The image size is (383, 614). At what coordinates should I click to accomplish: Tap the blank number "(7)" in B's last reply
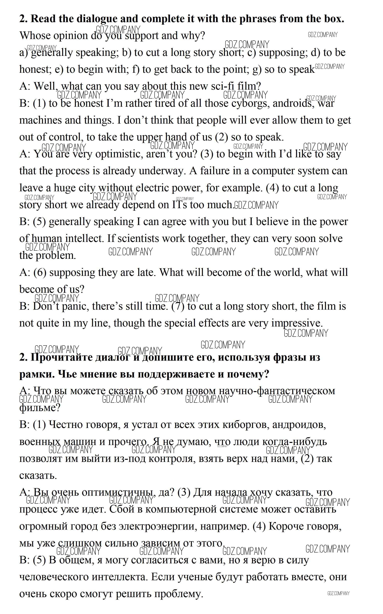point(178,306)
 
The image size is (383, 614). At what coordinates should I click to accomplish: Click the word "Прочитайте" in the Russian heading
point(62,357)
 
